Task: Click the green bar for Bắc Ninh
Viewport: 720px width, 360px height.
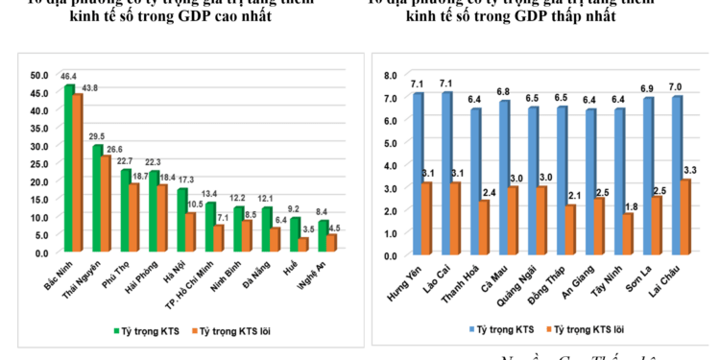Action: point(68,169)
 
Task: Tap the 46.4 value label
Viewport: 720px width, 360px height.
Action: point(68,75)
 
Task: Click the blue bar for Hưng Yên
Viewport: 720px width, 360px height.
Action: point(418,175)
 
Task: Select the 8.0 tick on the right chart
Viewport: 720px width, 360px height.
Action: point(391,75)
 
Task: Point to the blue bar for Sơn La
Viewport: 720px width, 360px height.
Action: point(648,178)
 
